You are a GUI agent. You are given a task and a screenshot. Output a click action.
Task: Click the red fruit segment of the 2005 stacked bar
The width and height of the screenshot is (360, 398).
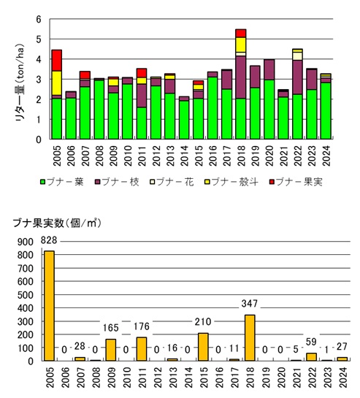(57, 61)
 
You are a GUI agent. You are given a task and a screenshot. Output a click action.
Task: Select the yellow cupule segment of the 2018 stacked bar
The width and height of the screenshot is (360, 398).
(241, 45)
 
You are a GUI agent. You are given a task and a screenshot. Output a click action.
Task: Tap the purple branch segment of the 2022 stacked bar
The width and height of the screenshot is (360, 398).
(297, 77)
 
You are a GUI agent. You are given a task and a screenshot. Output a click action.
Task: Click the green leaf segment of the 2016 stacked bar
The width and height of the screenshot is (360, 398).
(212, 108)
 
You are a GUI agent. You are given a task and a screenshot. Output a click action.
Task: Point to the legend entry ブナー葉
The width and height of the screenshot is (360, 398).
(62, 182)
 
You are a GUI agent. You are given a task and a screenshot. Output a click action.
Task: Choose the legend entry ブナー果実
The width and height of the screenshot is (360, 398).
(296, 182)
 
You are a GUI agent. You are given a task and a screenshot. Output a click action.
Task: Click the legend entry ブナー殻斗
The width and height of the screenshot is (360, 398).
(231, 182)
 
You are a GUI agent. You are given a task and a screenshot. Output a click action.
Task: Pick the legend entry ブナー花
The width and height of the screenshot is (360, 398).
(172, 182)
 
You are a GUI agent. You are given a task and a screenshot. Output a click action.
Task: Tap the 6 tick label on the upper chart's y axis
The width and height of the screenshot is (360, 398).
(39, 19)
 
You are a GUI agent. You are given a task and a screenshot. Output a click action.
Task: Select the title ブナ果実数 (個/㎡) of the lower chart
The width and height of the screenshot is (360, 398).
(57, 223)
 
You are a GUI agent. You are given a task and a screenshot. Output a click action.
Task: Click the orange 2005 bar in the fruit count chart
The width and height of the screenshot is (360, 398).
(49, 306)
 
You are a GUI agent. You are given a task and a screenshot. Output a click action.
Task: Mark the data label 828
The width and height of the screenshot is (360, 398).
(49, 240)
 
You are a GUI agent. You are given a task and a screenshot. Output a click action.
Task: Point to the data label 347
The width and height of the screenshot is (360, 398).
(250, 304)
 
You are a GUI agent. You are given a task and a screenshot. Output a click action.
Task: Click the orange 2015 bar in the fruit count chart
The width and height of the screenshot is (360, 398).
(203, 347)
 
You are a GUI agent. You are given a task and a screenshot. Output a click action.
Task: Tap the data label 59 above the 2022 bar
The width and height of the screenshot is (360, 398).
(311, 342)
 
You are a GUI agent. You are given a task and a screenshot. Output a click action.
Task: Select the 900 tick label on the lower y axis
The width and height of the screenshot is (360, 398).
(26, 242)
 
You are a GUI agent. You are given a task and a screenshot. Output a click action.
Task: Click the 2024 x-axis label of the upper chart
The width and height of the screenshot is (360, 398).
(326, 156)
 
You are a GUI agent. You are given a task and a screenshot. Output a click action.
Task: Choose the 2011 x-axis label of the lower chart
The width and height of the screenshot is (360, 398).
(142, 378)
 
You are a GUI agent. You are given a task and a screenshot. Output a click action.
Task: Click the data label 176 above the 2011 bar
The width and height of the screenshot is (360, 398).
(142, 326)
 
